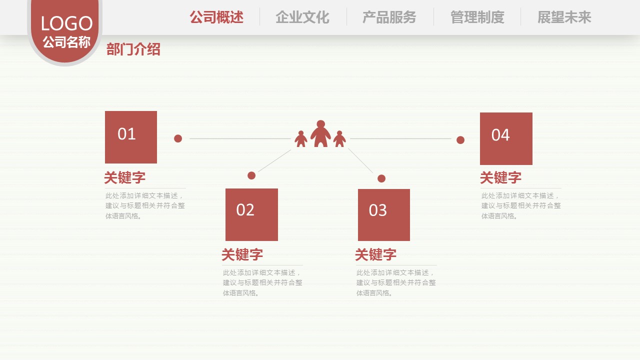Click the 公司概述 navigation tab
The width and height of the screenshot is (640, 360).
pos(216,17)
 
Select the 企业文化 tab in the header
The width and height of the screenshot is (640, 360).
pos(302,17)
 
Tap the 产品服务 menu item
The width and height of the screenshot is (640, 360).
pos(389,17)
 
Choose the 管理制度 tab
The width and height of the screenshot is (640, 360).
pos(477,17)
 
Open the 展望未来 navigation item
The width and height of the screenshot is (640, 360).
pos(564,17)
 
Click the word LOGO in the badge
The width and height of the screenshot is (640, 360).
pos(67,23)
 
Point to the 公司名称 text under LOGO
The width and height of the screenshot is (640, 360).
pos(66,42)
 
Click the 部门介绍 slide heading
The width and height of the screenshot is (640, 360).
pos(133,49)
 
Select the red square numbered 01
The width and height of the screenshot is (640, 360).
pos(131,137)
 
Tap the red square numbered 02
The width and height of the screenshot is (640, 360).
pos(251,214)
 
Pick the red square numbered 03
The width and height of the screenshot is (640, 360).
pos(383,215)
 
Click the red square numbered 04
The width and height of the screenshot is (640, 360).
pos(506,138)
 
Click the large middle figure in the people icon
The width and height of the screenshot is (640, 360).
pos(320,133)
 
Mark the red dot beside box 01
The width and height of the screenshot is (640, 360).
pos(178,138)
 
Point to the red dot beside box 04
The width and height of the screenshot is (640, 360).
pos(460,140)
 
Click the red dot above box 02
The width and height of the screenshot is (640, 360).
pos(251,175)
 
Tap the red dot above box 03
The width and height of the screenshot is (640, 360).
pos(381,178)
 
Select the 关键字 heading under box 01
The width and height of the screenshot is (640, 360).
pos(125,177)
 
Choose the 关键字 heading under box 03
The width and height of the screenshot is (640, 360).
pos(375,254)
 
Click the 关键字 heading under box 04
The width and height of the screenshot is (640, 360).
pos(501,177)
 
